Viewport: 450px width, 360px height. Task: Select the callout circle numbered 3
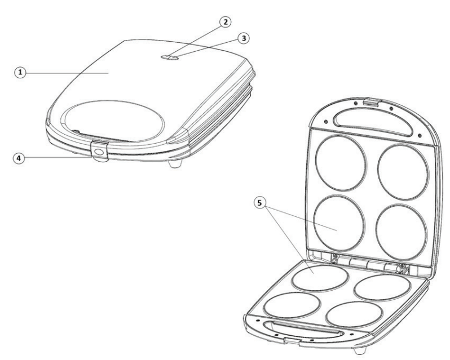243,38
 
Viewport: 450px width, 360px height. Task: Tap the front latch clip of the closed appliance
99,152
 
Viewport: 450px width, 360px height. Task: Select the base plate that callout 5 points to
320,277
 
